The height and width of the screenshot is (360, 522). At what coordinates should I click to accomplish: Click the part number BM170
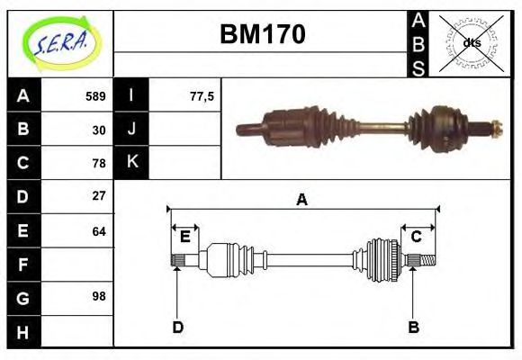pyautogui.click(x=263, y=34)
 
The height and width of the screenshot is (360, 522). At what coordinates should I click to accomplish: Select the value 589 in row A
pyautogui.click(x=95, y=96)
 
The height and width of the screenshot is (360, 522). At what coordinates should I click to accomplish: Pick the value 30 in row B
pyautogui.click(x=99, y=130)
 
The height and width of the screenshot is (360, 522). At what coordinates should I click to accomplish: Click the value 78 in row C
pyautogui.click(x=99, y=163)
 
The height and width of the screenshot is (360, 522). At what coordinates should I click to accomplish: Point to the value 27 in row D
pyautogui.click(x=99, y=195)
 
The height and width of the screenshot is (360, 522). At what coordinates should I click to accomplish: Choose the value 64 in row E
pyautogui.click(x=99, y=230)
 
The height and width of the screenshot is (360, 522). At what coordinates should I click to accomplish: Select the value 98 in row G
pyautogui.click(x=99, y=296)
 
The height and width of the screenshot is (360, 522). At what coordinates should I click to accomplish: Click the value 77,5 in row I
pyautogui.click(x=202, y=96)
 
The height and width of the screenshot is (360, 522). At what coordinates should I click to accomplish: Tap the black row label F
pyautogui.click(x=22, y=264)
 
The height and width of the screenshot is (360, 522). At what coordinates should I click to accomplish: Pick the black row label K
pyautogui.click(x=132, y=162)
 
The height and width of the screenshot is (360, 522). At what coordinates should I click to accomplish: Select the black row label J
pyautogui.click(x=132, y=130)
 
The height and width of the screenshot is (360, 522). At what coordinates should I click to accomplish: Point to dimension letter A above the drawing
pyautogui.click(x=302, y=200)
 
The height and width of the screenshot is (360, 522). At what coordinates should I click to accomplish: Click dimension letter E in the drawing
pyautogui.click(x=185, y=237)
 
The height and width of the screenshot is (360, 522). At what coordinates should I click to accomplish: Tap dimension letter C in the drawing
pyautogui.click(x=417, y=237)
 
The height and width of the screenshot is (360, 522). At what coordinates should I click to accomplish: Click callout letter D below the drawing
pyautogui.click(x=177, y=327)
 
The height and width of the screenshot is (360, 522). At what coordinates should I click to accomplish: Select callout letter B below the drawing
pyautogui.click(x=413, y=327)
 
